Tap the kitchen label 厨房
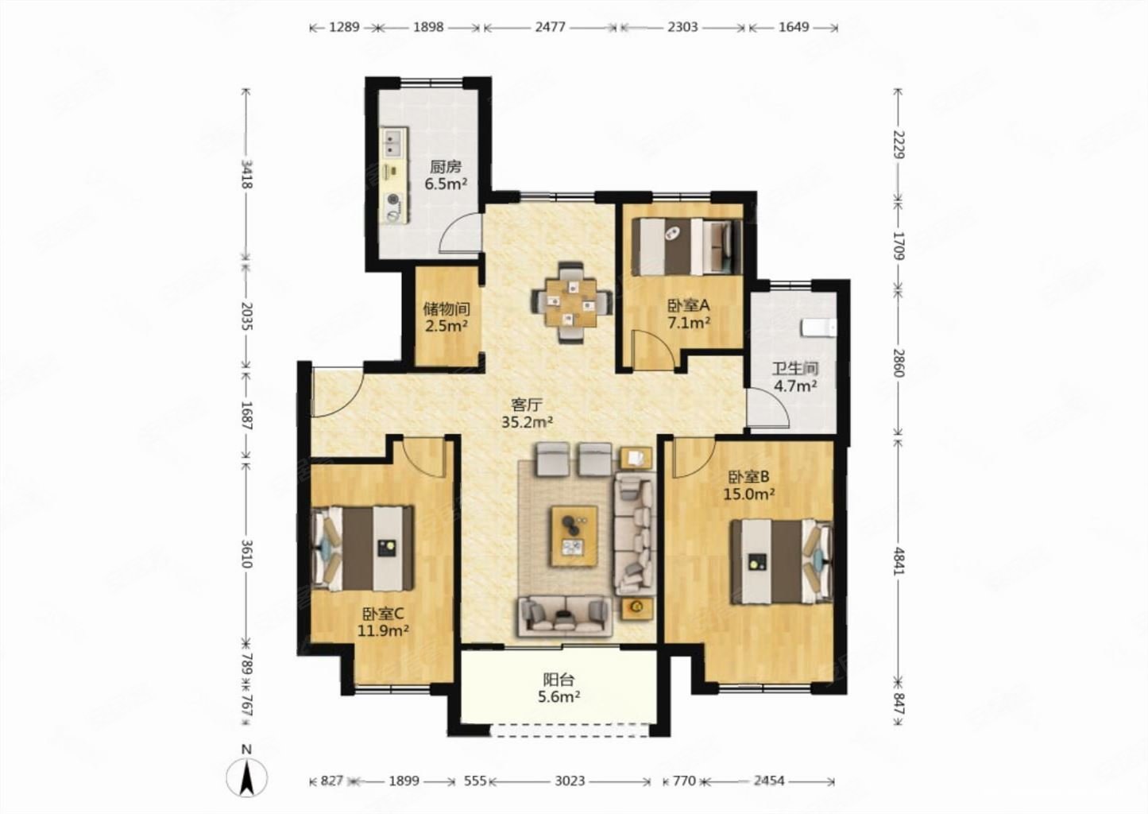coord(446,167)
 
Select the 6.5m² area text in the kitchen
coord(446,184)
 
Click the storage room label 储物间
coord(446,308)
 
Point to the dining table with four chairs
coord(571,303)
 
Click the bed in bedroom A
coord(686,246)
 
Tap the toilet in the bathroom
coord(819,328)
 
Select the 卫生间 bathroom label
coord(795,369)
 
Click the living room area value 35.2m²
coord(527,422)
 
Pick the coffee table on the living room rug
coord(574,537)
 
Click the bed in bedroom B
coord(782,561)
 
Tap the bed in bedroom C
coord(361,548)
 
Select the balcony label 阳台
coord(559,680)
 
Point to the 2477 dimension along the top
coord(550,27)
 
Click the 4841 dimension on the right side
coord(899,561)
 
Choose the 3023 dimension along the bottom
coord(570,781)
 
